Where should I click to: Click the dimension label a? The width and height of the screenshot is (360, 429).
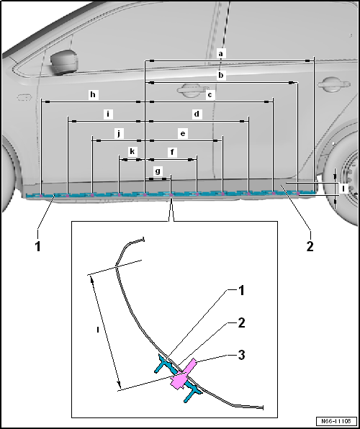pos(220,53)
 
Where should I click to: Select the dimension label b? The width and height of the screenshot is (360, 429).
pos(220,75)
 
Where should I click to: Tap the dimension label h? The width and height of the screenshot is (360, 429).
pos(93,95)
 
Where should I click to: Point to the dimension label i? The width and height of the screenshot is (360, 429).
pos(108,114)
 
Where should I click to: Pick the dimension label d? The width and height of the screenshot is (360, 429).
pos(197,114)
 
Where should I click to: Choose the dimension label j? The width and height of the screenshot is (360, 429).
pos(119,134)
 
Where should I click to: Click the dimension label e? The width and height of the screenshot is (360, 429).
pos(183,134)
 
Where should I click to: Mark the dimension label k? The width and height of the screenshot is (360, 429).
pos(132,152)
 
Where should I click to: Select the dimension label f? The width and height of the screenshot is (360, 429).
pos(172,152)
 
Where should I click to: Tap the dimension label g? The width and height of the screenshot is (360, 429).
pos(158,171)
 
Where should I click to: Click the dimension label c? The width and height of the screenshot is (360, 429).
pos(210,95)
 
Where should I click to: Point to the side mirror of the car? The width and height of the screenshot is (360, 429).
pos(64,62)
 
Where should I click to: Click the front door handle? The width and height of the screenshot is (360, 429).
pos(192,90)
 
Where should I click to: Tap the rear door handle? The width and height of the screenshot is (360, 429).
pos(334,84)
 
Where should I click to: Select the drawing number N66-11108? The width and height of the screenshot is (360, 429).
pos(336,421)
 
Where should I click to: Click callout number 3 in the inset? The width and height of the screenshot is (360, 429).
pos(241,356)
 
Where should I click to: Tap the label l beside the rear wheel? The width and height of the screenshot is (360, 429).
pos(343,189)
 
